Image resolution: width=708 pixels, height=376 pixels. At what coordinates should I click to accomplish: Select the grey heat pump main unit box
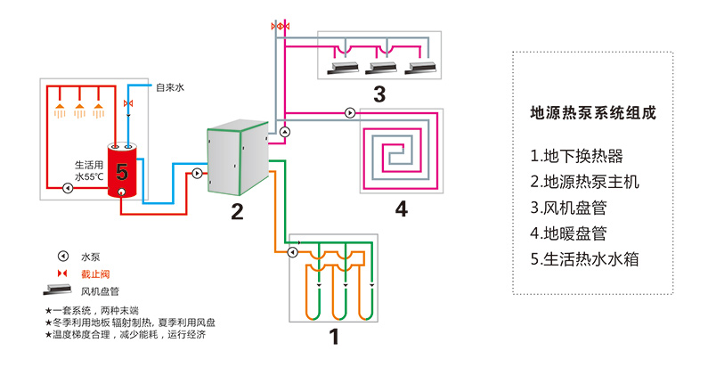click(235, 161)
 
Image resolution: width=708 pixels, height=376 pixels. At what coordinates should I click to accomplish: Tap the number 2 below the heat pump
click(236, 211)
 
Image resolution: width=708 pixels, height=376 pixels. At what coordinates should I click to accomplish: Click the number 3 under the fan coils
click(378, 94)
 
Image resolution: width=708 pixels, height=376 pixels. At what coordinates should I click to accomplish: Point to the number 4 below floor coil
click(401, 209)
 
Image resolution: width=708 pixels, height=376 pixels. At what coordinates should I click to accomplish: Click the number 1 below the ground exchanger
click(334, 337)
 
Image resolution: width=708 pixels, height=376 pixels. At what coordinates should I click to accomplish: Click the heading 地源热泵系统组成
click(591, 114)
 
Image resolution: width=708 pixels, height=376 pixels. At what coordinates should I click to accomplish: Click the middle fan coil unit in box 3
click(380, 67)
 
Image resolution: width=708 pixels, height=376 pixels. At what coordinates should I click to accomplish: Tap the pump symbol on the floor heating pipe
click(349, 113)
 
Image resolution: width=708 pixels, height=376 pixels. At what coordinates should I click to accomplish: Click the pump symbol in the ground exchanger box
click(292, 252)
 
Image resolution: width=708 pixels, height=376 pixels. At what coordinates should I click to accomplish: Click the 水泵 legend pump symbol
click(63, 256)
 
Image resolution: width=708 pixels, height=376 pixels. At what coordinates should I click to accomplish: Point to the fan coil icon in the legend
click(58, 290)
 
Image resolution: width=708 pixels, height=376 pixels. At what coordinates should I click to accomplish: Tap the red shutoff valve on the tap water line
click(129, 105)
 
